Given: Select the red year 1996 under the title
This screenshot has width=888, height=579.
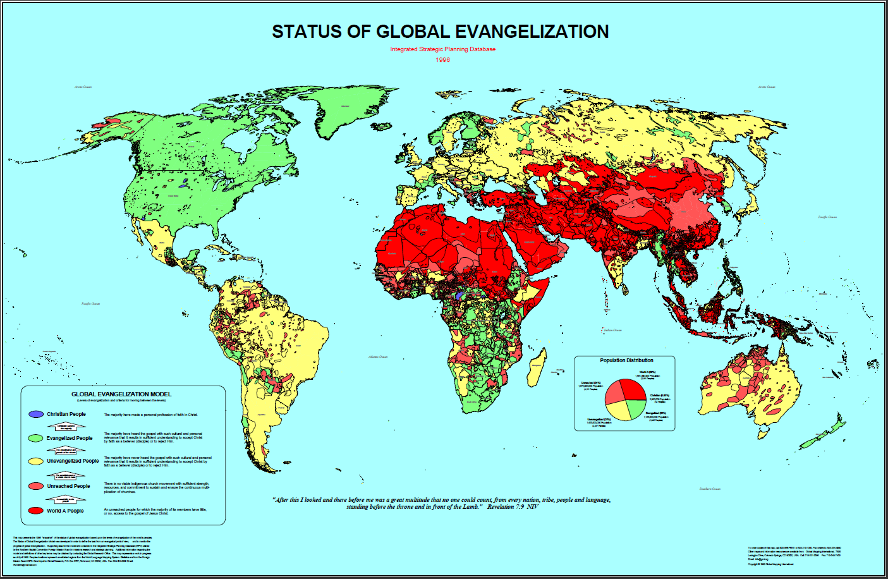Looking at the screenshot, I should [442, 59].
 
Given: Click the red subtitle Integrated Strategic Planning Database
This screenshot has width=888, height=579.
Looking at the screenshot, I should [442, 49].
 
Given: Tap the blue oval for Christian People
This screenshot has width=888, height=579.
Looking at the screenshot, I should [36, 415].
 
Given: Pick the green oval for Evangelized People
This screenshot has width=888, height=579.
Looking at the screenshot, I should [36, 438].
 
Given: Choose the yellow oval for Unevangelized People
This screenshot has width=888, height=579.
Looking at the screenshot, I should [36, 461].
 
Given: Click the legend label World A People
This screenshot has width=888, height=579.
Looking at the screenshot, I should [65, 511].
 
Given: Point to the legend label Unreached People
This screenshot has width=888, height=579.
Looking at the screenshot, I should [68, 486].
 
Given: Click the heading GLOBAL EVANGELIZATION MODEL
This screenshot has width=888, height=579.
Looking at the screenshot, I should [121, 394].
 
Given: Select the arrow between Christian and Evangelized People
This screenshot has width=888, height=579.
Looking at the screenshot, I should [66, 427].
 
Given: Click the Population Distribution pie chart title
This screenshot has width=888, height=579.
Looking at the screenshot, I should [626, 360].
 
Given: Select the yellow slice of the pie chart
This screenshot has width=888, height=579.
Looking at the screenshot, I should [618, 411].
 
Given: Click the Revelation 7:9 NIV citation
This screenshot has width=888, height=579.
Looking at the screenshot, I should [512, 507].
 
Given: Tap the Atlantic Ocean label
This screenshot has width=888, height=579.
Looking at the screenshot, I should [378, 357].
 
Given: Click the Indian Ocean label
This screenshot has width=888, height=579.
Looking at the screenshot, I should [612, 330].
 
